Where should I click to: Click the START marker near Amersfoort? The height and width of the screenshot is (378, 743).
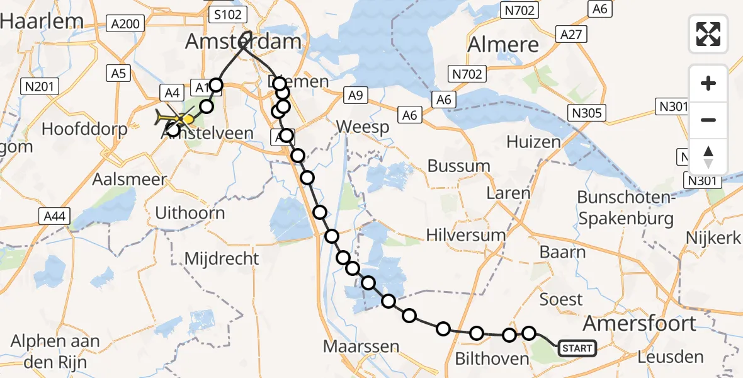(x=576, y=348)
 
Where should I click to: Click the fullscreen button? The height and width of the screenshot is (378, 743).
(x=708, y=33)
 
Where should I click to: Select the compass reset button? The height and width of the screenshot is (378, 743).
(x=708, y=157)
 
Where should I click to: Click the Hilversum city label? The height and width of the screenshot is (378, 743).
(x=466, y=235)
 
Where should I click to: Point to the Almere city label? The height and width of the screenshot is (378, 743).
(x=504, y=45)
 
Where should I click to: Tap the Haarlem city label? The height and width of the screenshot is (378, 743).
(x=42, y=21)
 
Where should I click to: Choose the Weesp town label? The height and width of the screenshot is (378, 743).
(x=362, y=127)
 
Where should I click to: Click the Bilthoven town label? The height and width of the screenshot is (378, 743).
(x=492, y=359)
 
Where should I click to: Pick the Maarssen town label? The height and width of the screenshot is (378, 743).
(x=361, y=346)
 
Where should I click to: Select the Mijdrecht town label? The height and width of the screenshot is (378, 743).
(x=222, y=258)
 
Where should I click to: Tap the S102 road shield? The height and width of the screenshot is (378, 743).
(x=229, y=14)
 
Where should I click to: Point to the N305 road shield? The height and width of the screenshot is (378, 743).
(x=586, y=113)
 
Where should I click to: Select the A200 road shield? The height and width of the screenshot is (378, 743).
(x=125, y=24)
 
